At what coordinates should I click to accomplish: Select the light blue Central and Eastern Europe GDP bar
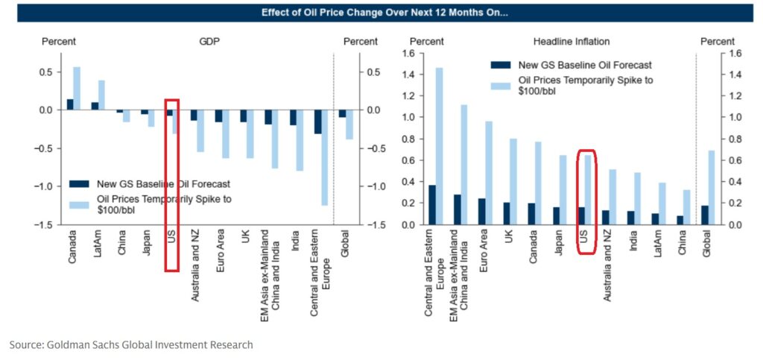(325, 157)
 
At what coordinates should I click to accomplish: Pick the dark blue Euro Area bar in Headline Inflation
(482, 211)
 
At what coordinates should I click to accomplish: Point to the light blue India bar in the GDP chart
(300, 140)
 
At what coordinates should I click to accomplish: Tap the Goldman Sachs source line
(131, 344)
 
